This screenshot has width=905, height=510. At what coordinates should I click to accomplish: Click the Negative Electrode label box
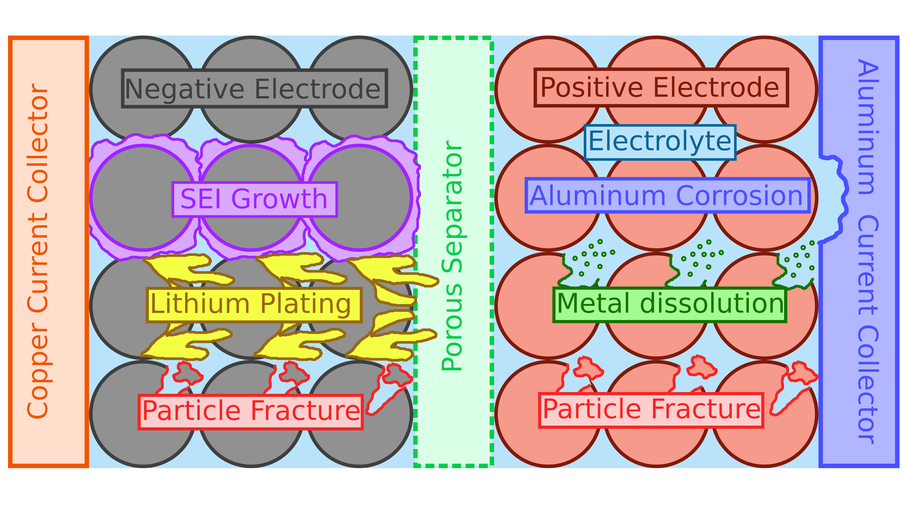[254, 88]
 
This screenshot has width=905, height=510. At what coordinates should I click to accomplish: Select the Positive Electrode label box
[661, 87]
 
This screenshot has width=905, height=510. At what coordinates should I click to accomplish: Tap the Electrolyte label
[660, 142]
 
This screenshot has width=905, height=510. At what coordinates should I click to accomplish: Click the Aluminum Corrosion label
[667, 195]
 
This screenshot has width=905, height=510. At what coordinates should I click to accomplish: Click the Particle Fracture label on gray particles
[250, 412]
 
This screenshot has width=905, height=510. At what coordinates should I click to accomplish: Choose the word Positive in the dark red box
[592, 87]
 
